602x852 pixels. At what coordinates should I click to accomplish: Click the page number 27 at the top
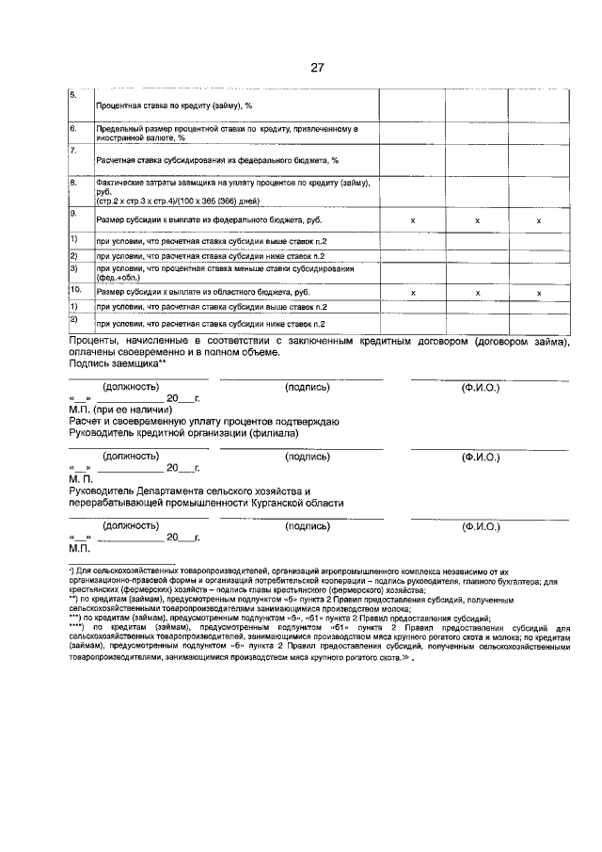coord(317,67)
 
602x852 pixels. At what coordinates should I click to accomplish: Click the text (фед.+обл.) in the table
coord(117,277)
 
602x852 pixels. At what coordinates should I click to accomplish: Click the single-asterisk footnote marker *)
coord(72,571)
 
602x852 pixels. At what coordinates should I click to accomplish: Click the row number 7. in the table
coord(73,150)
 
